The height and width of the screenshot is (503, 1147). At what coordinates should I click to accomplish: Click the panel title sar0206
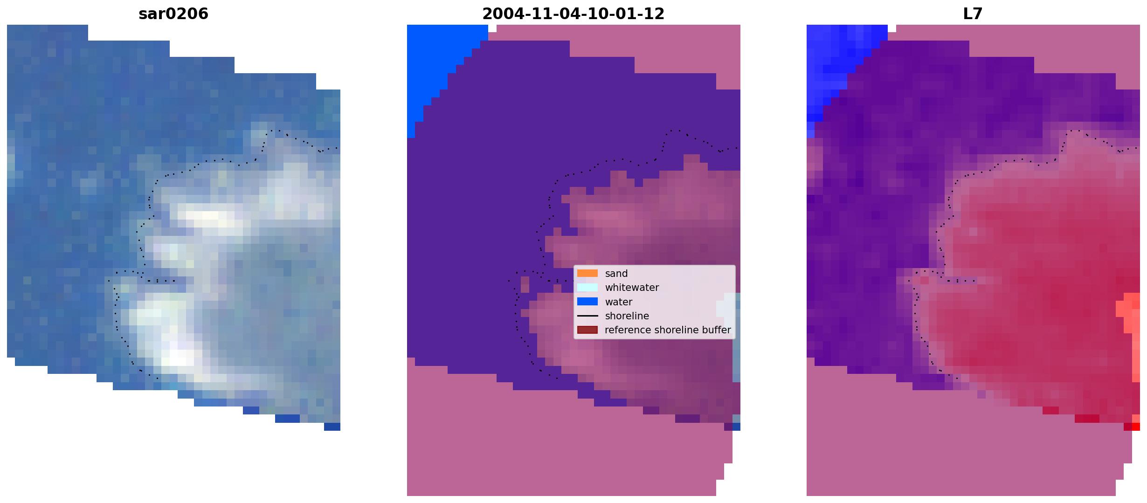coord(173,14)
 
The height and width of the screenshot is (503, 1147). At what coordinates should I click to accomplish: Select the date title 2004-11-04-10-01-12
coord(573,14)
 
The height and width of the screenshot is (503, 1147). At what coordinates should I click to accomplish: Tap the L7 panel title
coord(973,14)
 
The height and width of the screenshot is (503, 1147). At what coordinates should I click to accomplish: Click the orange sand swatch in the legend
coord(587,274)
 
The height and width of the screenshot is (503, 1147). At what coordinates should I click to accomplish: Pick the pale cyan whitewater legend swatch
coord(587,288)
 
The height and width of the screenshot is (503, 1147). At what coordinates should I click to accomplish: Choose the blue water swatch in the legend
coord(587,302)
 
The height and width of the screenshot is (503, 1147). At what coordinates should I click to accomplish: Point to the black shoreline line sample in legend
coord(587,316)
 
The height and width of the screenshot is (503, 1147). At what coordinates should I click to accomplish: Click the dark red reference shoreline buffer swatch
coord(587,330)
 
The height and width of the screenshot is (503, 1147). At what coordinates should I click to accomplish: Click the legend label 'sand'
coord(616,274)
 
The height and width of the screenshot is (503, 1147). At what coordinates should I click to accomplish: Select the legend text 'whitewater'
coord(632,288)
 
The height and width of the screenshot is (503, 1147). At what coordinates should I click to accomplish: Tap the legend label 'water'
coord(619,302)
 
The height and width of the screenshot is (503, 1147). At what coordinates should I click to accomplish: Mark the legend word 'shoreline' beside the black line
coord(627,316)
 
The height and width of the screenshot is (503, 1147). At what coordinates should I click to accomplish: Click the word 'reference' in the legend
coord(628,330)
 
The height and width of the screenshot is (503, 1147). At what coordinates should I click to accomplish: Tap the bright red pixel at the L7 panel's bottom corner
coord(1136,427)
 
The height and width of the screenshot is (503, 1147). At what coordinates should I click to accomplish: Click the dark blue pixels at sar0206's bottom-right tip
coord(332,427)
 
